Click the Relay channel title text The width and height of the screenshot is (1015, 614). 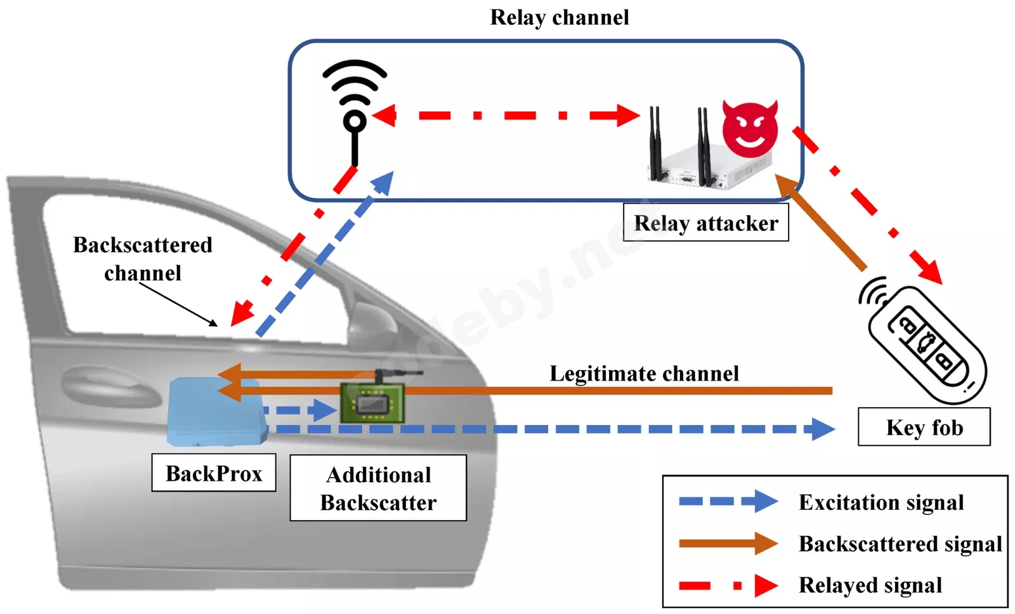point(560,18)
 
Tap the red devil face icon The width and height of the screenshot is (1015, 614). point(750,129)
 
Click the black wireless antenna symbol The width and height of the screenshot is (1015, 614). point(355,108)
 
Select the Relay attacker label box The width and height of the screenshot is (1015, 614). point(705,223)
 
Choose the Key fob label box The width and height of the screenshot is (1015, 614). point(924,427)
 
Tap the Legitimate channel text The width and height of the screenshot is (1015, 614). point(644,374)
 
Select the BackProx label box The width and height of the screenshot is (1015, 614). point(214,473)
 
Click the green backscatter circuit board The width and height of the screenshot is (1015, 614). point(372,403)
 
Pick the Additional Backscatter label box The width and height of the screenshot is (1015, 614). point(378,488)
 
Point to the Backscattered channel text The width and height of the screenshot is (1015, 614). point(143,259)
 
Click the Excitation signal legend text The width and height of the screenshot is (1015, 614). point(881,502)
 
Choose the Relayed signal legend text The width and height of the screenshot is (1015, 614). point(870,585)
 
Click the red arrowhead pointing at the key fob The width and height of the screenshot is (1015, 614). point(930,271)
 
